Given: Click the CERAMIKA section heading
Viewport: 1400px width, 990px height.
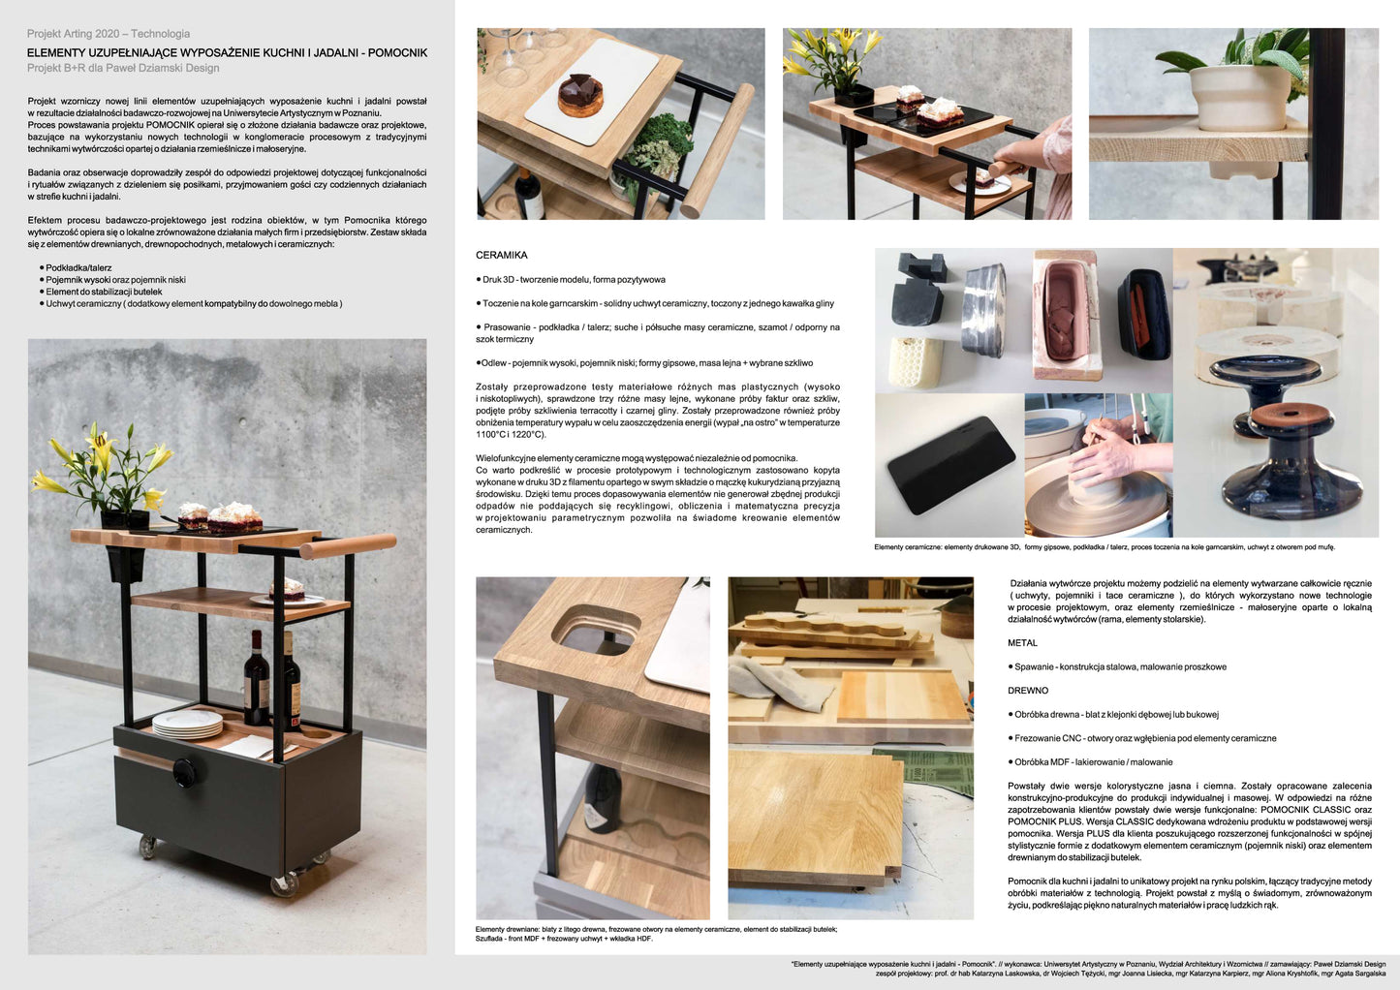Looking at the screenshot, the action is (501, 255).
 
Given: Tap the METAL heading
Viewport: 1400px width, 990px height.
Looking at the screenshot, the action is (1022, 642).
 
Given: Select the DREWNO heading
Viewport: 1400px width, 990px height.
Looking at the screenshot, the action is (1028, 690).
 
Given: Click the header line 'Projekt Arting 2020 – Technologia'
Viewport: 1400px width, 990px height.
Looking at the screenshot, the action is (109, 34).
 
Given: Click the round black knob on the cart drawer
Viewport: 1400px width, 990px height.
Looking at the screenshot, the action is (184, 772).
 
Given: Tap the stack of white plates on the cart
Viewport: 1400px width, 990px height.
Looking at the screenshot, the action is (188, 723).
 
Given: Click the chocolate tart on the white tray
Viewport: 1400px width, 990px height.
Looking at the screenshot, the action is (580, 96).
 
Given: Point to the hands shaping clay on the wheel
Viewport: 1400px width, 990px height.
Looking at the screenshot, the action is (1106, 453).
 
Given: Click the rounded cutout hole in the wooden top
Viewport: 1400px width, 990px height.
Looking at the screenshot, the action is (596, 628).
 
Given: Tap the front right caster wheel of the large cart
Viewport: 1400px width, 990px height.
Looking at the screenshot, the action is (285, 885).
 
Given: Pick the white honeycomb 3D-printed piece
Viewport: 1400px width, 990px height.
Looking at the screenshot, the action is (917, 361).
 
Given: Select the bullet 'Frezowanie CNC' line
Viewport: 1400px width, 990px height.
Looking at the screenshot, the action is (1142, 738).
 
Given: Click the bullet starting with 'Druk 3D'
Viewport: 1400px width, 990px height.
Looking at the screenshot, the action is (570, 279).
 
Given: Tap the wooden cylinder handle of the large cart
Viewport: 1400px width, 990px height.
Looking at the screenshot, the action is (348, 545).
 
